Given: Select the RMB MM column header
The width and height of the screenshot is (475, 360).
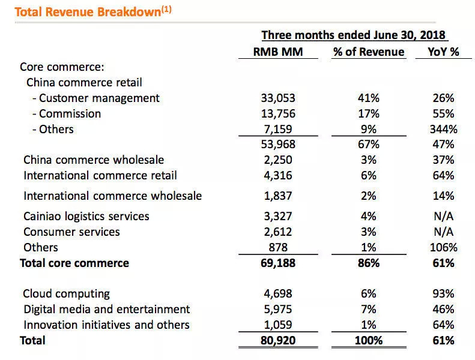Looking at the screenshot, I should point(278,52).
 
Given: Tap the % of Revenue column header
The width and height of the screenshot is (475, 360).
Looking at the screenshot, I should point(369,52).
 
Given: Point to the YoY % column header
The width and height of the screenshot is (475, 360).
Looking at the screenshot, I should point(443,52).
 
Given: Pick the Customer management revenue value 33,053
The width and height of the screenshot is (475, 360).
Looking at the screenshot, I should point(276,98).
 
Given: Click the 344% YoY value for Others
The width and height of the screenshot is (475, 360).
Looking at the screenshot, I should point(443,129).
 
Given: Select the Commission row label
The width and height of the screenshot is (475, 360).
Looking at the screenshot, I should point(70,113).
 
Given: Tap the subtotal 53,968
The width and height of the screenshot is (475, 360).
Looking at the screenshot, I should point(276,145).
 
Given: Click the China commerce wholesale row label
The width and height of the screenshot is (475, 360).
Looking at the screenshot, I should point(94,160).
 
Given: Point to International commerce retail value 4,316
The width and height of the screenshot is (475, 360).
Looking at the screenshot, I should point(276,176).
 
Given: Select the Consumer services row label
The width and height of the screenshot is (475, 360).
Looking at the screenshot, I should point(71,232).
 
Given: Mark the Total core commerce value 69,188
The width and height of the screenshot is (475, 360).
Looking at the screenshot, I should point(276,263).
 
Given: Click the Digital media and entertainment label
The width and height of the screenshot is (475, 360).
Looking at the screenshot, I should point(106,310).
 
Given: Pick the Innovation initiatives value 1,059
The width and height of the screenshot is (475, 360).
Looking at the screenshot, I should point(276,325).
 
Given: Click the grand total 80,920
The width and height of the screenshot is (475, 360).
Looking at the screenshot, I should point(276,341).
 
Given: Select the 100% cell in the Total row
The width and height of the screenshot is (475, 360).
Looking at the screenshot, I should point(369,341).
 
